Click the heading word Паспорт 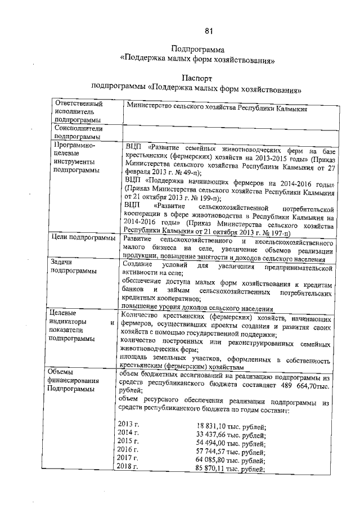(x=199, y=77)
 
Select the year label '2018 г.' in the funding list (x=128, y=469)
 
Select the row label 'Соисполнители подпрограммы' (x=79, y=132)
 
